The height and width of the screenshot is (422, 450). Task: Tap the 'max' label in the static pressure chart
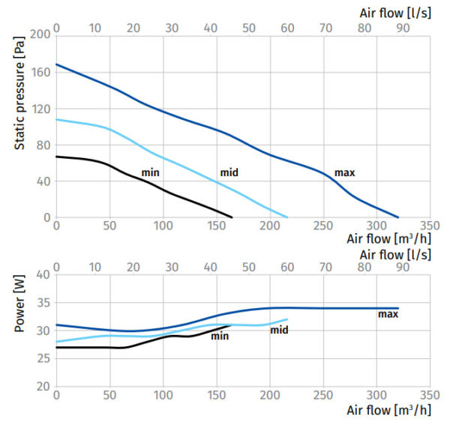(x=344, y=173)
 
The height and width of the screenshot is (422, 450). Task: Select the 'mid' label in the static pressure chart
(x=229, y=173)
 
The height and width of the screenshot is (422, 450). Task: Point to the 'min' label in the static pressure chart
(x=151, y=173)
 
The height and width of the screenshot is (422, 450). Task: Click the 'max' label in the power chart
(x=388, y=314)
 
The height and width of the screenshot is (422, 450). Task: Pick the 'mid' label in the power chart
(x=279, y=330)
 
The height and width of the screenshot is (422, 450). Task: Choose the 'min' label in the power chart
(x=219, y=336)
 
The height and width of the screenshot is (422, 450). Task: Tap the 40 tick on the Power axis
(x=43, y=274)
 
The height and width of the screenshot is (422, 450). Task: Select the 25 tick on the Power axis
(x=43, y=358)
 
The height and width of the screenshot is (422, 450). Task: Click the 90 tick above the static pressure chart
(x=403, y=28)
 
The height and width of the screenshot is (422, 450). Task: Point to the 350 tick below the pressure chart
(x=430, y=226)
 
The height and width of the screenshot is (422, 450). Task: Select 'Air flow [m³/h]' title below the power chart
(x=388, y=411)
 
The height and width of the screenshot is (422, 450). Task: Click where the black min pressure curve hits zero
(x=232, y=217)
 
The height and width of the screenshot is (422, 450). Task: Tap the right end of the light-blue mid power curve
(x=287, y=319)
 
